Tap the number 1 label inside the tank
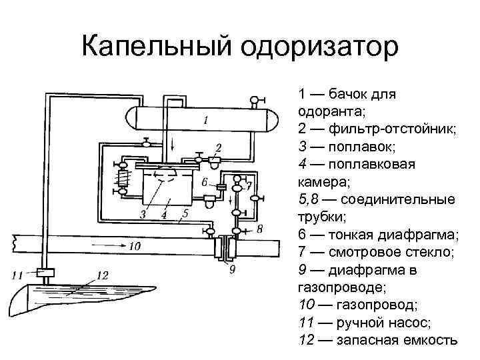(206, 121)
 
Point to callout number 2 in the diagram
(219, 147)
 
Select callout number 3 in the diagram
(142, 214)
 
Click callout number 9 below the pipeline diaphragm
(231, 270)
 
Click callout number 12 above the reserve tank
(101, 274)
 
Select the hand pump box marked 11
(45, 272)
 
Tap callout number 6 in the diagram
(205, 181)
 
